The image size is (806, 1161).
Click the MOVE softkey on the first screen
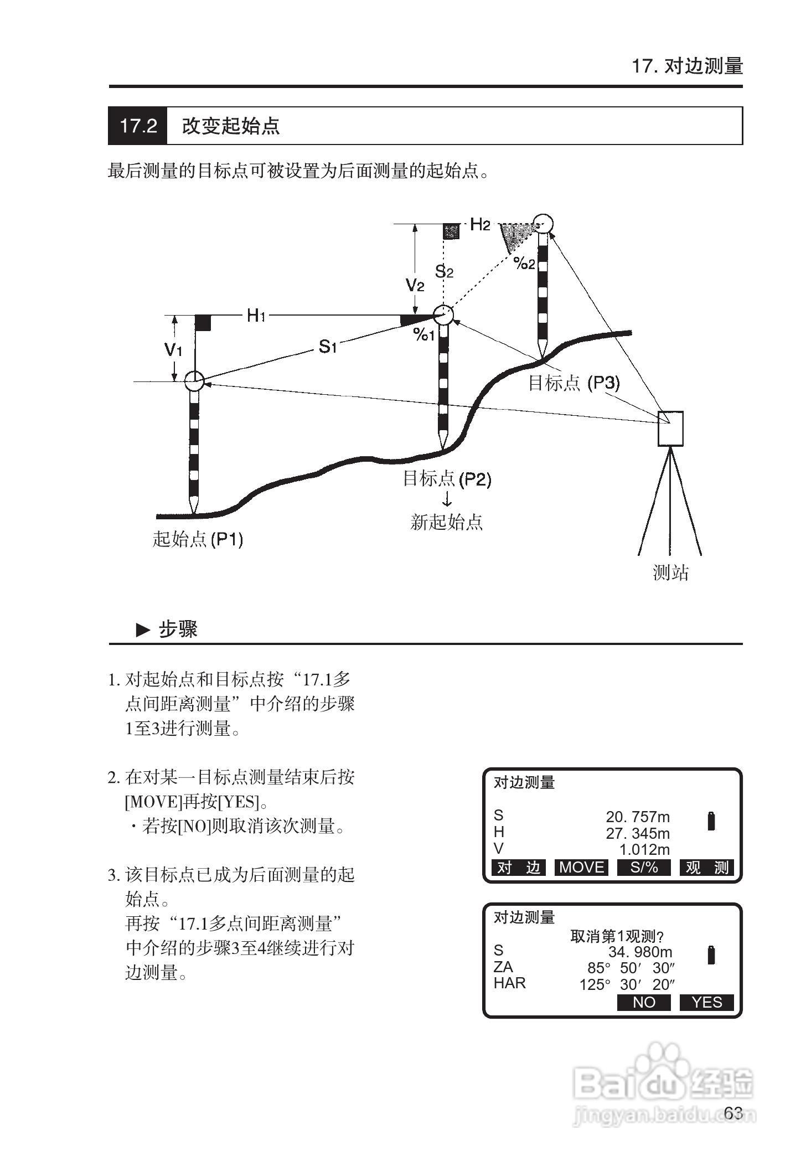[x=581, y=867]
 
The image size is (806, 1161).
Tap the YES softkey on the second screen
[x=706, y=1002]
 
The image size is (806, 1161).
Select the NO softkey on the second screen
[x=643, y=1002]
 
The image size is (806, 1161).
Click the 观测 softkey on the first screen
[x=706, y=867]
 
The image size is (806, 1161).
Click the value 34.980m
[x=640, y=952]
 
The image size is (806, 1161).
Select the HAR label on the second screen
[x=509, y=983]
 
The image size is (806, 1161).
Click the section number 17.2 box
[x=138, y=126]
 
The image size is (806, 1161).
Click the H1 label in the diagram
[x=256, y=316]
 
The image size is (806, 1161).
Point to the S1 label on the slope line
[x=328, y=347]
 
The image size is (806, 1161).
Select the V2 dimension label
[x=415, y=286]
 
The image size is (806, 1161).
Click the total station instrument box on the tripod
[x=670, y=429]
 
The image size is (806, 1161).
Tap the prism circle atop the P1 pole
[x=194, y=381]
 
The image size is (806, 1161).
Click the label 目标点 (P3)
[x=574, y=383]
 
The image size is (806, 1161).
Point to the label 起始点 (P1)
[x=198, y=539]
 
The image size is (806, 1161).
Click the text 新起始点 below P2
[x=446, y=522]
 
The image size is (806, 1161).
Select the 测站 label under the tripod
[x=670, y=572]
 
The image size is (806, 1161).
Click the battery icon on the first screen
[x=711, y=821]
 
